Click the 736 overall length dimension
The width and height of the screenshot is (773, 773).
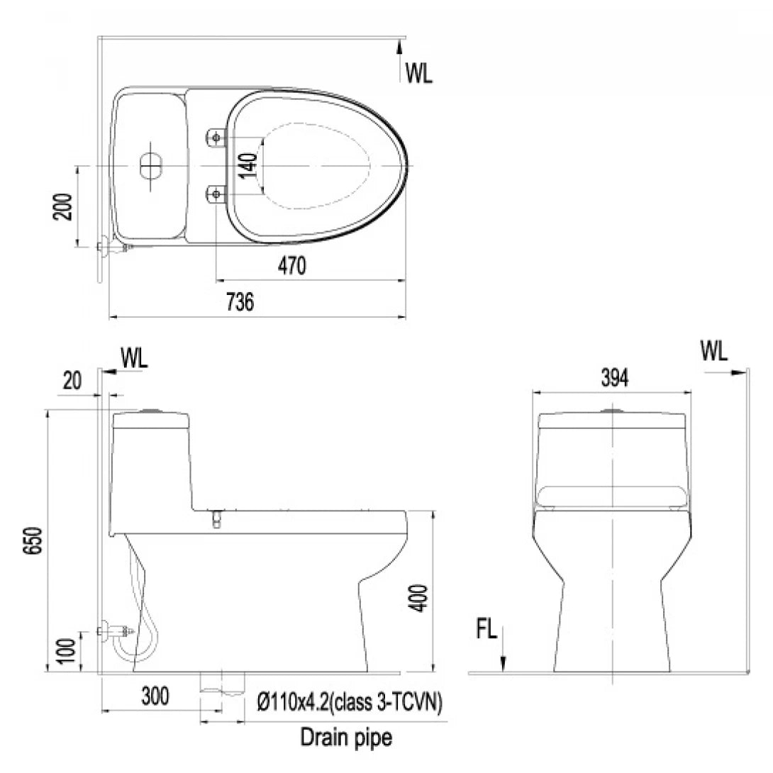[x=240, y=301]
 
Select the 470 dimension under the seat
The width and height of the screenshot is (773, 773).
[x=291, y=266]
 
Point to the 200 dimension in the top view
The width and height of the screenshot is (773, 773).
[x=64, y=206]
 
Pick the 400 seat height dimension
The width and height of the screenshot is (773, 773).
[x=419, y=598]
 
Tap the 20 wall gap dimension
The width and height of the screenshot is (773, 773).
[x=72, y=381]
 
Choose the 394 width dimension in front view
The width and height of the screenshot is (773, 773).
[x=614, y=379]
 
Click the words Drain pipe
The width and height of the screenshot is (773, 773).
[x=346, y=737]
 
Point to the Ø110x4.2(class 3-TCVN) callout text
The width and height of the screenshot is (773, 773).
[x=350, y=702]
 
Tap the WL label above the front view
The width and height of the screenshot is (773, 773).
[x=713, y=351]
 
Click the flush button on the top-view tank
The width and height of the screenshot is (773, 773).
[x=150, y=167]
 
